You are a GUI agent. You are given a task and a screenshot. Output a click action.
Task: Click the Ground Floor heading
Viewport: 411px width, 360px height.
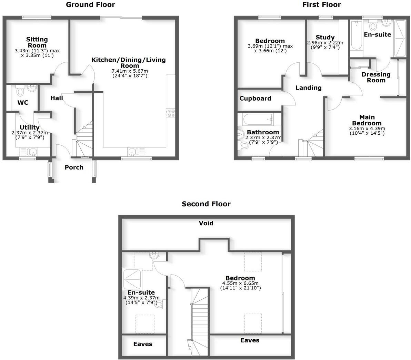90,4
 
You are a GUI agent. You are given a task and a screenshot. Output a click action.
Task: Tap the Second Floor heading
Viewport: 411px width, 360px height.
206,204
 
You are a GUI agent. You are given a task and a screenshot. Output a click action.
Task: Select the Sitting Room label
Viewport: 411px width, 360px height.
37,42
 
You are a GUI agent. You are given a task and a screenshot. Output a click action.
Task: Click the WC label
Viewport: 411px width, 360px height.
23,103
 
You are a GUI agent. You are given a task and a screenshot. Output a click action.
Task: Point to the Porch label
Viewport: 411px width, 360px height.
74,167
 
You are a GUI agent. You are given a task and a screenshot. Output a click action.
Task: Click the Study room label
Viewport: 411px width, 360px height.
325,37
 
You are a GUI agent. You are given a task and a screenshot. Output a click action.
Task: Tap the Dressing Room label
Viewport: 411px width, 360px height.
376,77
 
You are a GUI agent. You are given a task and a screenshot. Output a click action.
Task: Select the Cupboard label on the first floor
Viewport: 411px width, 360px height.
255,99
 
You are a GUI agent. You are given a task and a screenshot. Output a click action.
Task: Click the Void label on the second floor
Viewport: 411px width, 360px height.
206,223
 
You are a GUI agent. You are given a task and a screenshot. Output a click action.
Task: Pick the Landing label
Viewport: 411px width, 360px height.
309,88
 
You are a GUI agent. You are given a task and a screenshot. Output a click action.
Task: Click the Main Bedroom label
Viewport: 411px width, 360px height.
367,120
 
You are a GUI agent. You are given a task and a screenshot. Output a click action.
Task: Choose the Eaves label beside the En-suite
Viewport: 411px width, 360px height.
143,344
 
